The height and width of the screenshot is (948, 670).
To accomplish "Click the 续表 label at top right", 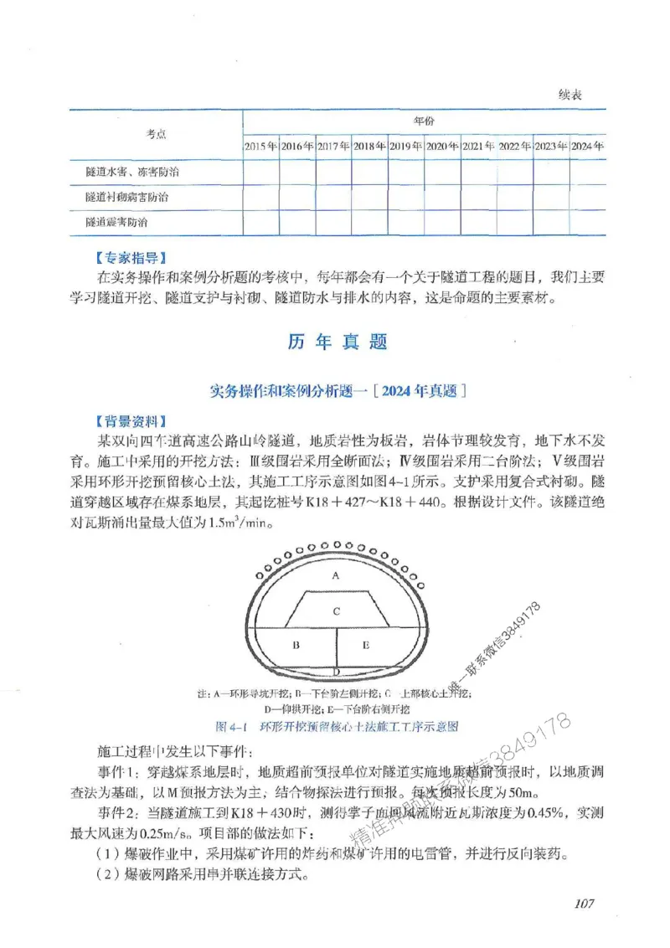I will (x=569, y=95).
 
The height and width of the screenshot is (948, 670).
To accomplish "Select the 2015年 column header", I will (x=260, y=146).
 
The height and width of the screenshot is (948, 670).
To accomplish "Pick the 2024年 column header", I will (x=587, y=146).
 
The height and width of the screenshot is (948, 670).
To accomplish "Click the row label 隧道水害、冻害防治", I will (x=132, y=172).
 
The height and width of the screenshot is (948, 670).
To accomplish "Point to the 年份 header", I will (x=424, y=121).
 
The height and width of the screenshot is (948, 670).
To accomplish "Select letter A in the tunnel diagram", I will (x=335, y=576).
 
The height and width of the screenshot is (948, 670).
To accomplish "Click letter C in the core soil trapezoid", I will (x=335, y=612).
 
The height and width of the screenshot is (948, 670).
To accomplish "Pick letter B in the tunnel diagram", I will (x=296, y=645).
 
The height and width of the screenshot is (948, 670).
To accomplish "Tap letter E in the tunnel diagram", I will (x=366, y=645).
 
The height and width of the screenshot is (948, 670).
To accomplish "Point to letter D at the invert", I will (x=335, y=672).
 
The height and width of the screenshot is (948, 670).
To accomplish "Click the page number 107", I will (x=584, y=903).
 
